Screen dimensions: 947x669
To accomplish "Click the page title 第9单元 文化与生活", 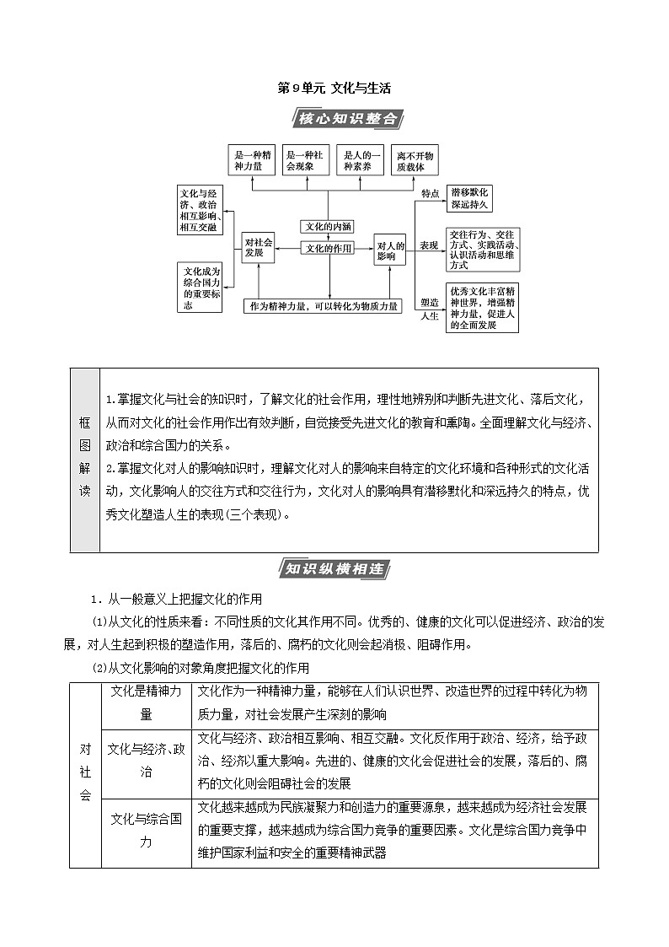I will click(x=334, y=88).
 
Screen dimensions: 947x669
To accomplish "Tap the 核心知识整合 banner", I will click(x=347, y=119).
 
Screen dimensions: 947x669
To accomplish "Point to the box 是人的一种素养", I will click(x=361, y=161).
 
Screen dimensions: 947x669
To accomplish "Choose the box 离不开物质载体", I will click(x=416, y=161).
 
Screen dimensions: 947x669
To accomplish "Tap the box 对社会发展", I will click(x=259, y=247).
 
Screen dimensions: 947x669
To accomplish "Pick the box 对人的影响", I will click(x=391, y=250).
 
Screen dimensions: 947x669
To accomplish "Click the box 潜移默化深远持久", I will click(x=469, y=198).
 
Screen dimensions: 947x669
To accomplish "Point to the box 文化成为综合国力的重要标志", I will click(x=201, y=288).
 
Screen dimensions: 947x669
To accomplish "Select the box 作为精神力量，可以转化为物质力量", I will click(x=324, y=306).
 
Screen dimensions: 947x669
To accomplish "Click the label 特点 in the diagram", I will click(x=430, y=193).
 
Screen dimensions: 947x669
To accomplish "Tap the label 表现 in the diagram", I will click(x=429, y=245).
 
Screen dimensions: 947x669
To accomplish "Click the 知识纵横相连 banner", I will click(x=334, y=569).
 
